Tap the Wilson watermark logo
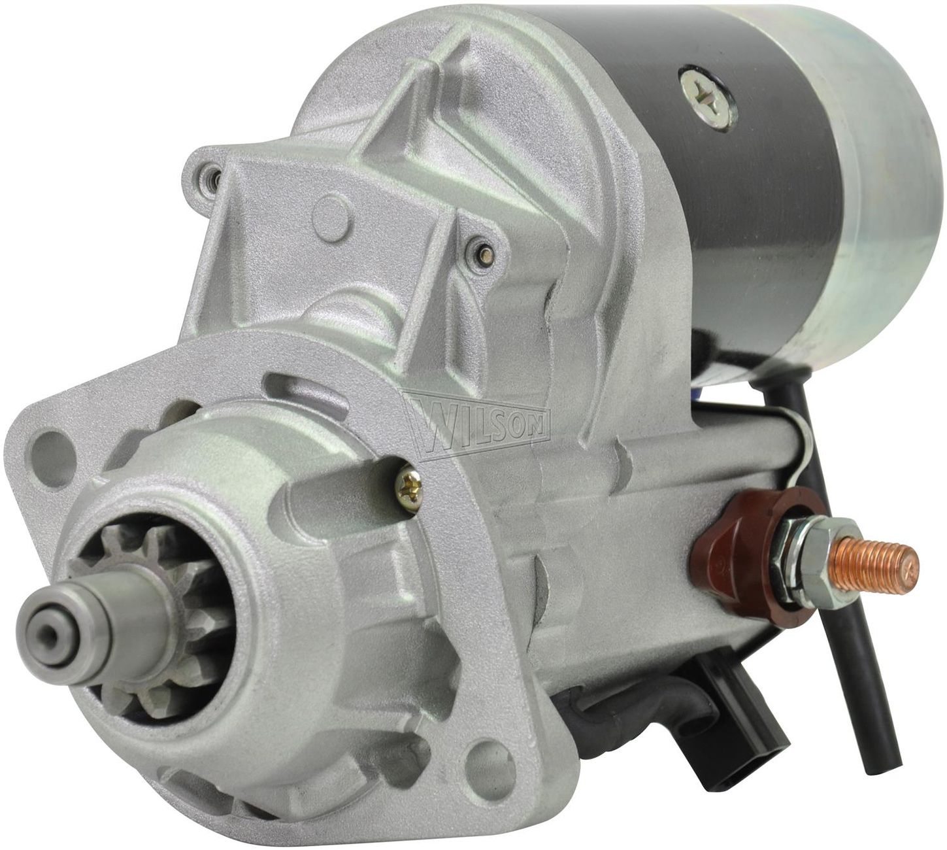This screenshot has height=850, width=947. point(478,422)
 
